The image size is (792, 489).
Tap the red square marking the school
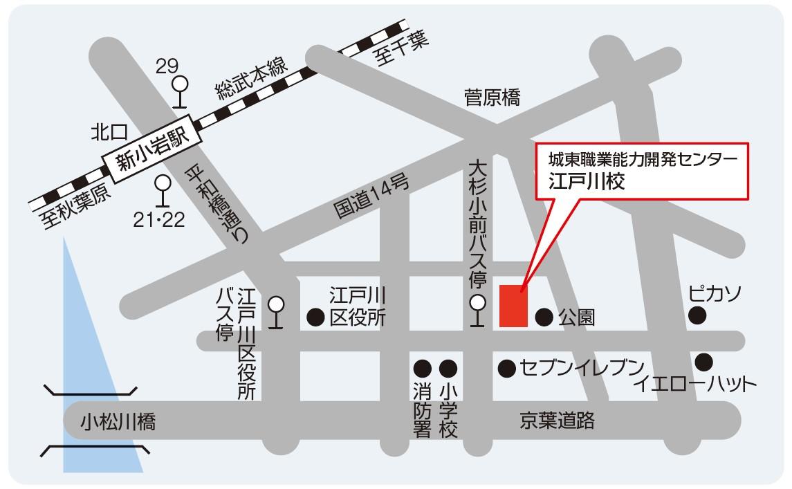coord(513,305)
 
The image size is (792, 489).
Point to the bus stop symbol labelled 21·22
coord(163,185)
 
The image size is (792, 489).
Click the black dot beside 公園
coord(544,317)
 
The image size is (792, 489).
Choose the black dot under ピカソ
coord(698,316)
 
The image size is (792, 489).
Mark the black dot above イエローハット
coord(704,361)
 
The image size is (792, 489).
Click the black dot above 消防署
coord(422,368)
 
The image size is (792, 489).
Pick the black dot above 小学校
coord(448,368)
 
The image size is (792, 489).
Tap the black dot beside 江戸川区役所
coord(315,317)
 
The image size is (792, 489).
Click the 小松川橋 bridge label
coord(118,421)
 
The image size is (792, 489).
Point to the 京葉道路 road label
coord(558,420)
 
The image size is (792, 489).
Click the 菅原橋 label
coord(492,98)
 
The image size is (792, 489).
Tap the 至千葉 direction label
coord(402,48)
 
